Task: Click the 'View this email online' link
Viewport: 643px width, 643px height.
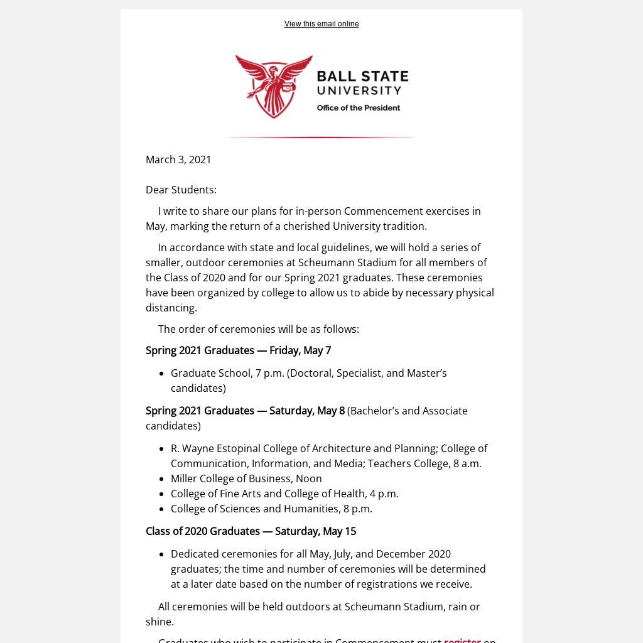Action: pos(321,24)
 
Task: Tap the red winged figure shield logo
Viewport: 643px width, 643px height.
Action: pos(274,86)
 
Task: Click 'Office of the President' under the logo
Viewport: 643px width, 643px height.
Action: pos(358,108)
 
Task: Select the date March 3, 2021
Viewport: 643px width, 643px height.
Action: pos(178,159)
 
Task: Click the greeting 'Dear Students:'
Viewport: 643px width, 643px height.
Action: pos(181,190)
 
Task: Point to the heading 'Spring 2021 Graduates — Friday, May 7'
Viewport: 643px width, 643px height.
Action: pos(238,350)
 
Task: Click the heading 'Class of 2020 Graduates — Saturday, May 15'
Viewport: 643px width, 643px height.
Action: pos(251,531)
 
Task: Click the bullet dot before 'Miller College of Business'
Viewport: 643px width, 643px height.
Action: pos(162,479)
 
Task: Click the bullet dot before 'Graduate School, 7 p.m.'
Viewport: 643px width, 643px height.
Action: pos(162,374)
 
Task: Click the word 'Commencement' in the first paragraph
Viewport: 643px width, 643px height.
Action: pos(383,211)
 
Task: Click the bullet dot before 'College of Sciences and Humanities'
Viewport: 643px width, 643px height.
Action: pos(162,509)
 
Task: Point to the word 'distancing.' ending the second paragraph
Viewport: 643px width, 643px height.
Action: pos(171,308)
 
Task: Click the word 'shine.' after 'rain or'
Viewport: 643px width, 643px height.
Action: pos(159,622)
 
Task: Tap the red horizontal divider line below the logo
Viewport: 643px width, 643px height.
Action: pos(320,137)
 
